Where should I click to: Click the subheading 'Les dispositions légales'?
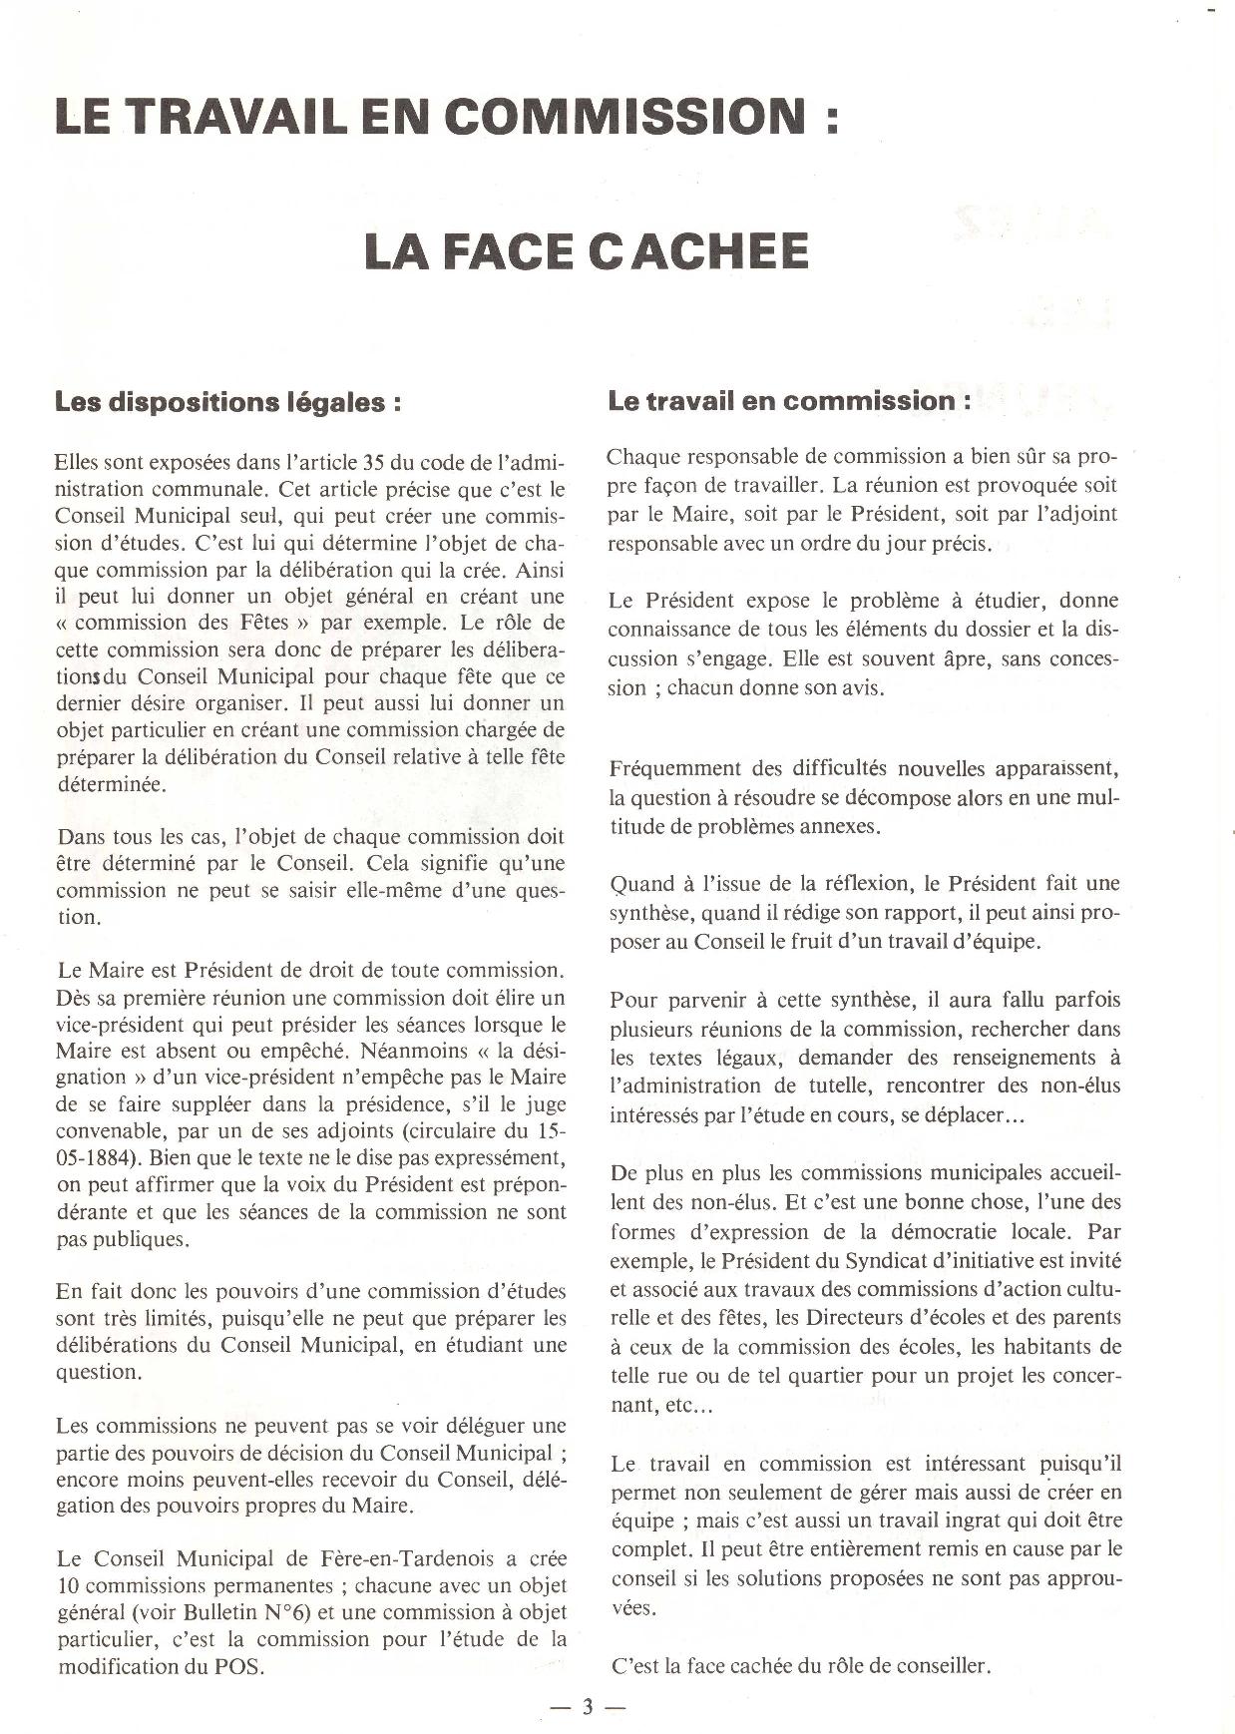228,403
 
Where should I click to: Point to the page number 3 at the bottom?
588,1707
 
